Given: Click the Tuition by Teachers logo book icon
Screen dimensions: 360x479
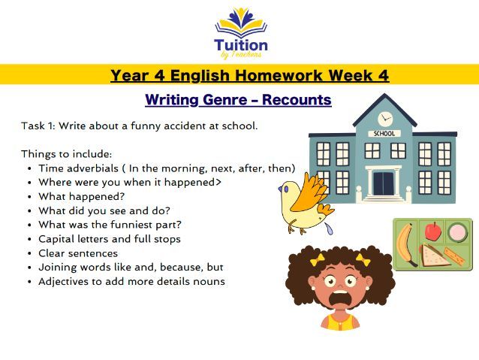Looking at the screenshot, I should pyautogui.click(x=239, y=22).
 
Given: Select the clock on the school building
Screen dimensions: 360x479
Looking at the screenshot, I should pyautogui.click(x=385, y=119).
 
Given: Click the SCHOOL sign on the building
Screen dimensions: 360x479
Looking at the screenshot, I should pyautogui.click(x=384, y=135).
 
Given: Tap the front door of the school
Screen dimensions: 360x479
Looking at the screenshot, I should pyautogui.click(x=384, y=183).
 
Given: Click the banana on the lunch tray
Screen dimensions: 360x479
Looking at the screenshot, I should pyautogui.click(x=405, y=245).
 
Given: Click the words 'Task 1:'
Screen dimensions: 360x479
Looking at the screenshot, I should pyautogui.click(x=37, y=126).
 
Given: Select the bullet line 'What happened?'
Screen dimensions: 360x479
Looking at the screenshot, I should pyautogui.click(x=71, y=196).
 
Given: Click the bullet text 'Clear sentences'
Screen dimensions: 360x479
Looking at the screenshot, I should pyautogui.click(x=78, y=253).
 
